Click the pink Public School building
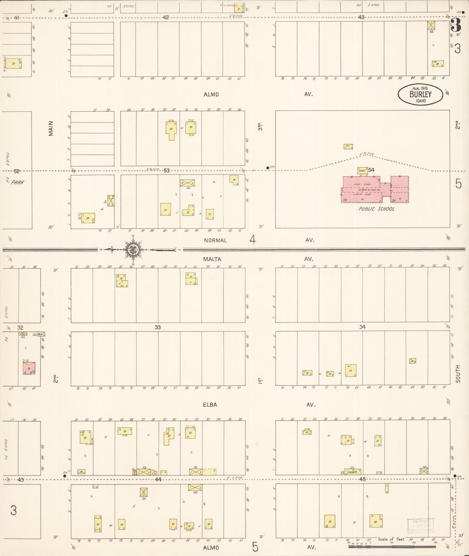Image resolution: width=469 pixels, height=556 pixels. [x=373, y=190]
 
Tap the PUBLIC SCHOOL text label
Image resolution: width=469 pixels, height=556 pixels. [x=376, y=209]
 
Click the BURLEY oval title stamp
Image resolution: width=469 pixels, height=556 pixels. [x=420, y=94]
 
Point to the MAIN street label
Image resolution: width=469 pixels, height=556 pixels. [x=51, y=128]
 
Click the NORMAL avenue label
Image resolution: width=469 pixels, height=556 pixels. [x=215, y=240]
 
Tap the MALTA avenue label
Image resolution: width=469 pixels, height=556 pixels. [x=212, y=259]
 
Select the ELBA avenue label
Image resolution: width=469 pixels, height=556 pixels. [x=211, y=405]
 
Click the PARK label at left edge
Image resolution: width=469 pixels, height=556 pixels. [x=17, y=182]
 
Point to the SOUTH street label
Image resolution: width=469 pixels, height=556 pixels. [x=458, y=374]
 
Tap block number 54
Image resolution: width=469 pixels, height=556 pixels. [x=371, y=170]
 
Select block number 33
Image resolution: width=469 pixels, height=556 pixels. [x=157, y=327]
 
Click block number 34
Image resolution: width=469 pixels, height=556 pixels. [x=362, y=327]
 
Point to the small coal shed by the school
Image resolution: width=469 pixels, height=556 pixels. [x=362, y=170]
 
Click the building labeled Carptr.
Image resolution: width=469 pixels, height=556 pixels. [x=352, y=472]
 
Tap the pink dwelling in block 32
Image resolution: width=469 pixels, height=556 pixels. [x=29, y=368]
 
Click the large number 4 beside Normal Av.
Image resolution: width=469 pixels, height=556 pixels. [x=253, y=240]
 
